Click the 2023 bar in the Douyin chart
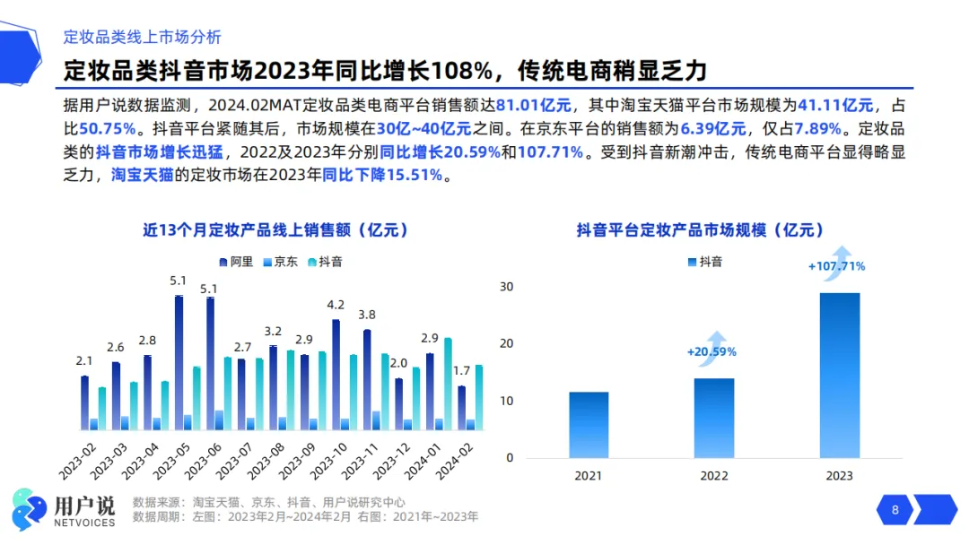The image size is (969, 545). tap(839, 376)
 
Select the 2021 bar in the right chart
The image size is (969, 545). tap(589, 425)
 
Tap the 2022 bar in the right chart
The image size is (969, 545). tap(714, 418)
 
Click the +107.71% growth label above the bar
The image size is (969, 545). tap(837, 266)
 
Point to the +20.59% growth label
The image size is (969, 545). tap(711, 351)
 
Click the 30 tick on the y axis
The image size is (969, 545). tap(506, 286)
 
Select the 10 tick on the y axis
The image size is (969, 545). tap(506, 401)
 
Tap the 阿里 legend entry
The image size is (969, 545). tap(236, 262)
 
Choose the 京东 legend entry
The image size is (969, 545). tap(280, 262)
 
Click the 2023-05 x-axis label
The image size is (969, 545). tap(170, 462)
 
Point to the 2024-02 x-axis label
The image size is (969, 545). tap(454, 462)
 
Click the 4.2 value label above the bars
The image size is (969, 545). tap(336, 305)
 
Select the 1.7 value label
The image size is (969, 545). tap(462, 371)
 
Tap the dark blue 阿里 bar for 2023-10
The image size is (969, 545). tap(336, 375)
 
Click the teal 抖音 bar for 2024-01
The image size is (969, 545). tap(448, 384)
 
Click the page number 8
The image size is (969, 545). tap(895, 510)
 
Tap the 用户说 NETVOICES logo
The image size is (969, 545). tap(64, 510)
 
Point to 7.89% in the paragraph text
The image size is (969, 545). tap(817, 129)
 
